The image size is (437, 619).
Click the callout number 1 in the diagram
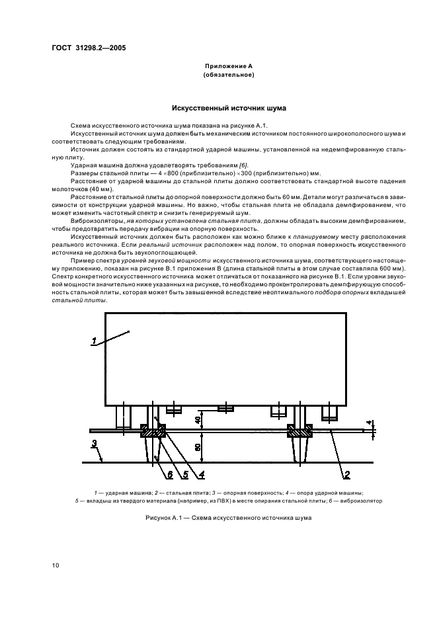point(95,341)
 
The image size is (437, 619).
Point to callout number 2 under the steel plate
point(346,473)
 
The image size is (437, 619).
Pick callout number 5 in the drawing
point(185,473)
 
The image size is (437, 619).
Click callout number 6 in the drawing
point(170,473)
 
